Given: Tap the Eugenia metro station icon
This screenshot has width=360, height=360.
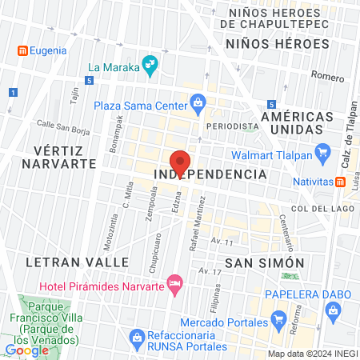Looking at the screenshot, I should (22, 50).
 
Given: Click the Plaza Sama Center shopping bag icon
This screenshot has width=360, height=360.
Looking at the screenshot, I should (198, 103).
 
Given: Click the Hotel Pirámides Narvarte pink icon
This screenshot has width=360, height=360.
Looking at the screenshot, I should (175, 282).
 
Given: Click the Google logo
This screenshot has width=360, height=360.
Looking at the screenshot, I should (26, 350).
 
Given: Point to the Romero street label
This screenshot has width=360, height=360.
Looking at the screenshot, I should (326, 77).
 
